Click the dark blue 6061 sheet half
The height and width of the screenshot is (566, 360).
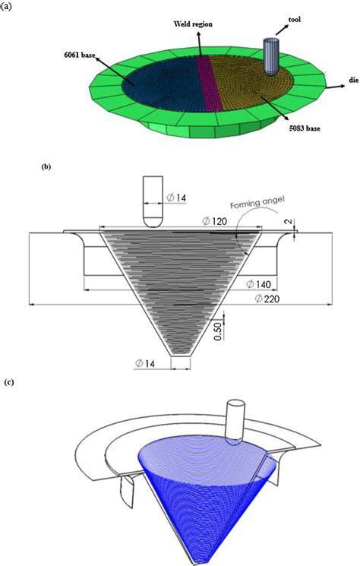152,91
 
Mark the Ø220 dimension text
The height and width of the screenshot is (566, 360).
265,302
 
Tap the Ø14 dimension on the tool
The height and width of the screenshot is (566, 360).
178,198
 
